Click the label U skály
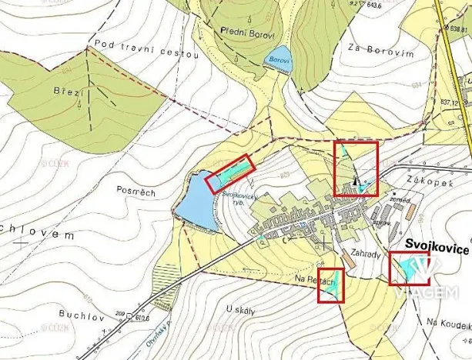[241, 311]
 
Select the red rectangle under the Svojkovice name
[409, 268]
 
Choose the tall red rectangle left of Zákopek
[355, 168]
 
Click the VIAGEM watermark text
[426, 292]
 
